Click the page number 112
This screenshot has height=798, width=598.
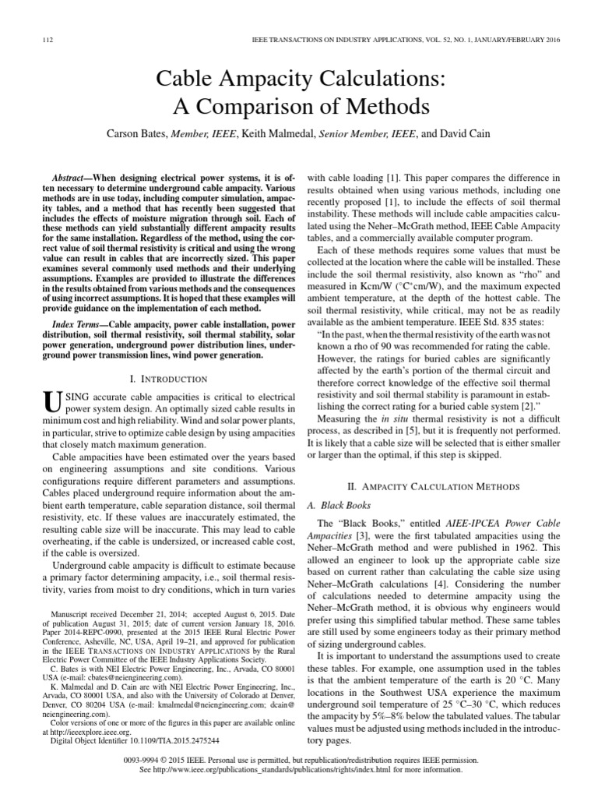pyautogui.click(x=44, y=39)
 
